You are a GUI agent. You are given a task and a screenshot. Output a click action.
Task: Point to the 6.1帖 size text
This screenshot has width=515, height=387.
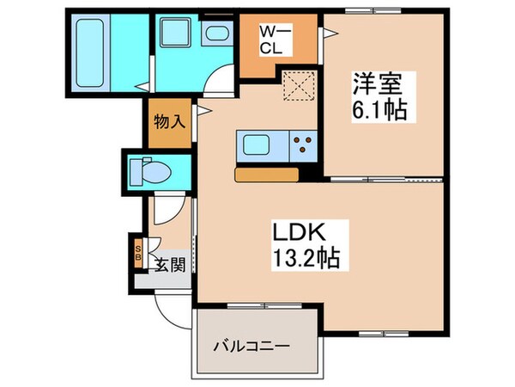click(378, 111)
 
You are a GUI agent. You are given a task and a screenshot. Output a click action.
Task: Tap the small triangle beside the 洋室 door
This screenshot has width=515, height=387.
click(329, 33)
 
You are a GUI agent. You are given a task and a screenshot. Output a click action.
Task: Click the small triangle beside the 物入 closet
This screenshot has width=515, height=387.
click(203, 110)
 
